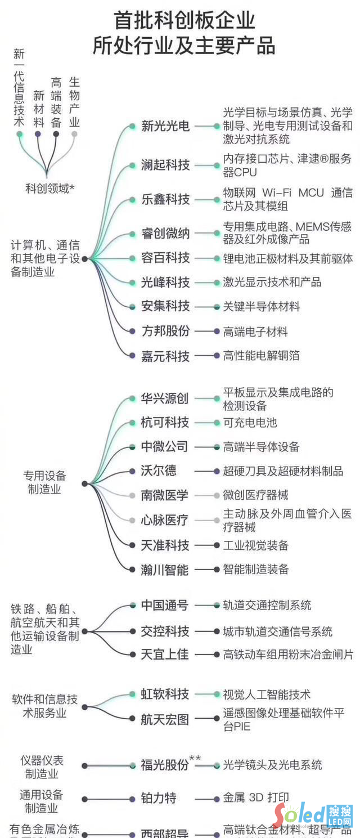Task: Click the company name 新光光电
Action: [165, 127]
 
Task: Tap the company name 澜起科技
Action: [165, 165]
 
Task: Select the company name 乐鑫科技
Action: [165, 200]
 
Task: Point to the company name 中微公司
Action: [164, 447]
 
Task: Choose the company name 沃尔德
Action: [159, 471]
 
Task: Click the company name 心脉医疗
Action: [164, 520]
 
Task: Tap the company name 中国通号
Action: [164, 606]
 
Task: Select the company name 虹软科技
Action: [164, 694]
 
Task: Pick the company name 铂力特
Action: [159, 798]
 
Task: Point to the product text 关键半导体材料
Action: [262, 307]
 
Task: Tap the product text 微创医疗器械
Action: [255, 495]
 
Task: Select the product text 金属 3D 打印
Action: [256, 798]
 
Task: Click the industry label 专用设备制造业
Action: [44, 482]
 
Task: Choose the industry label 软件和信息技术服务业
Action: [44, 706]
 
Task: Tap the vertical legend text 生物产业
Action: [74, 102]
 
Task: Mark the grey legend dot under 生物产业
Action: [74, 134]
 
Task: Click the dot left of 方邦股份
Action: [132, 331]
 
